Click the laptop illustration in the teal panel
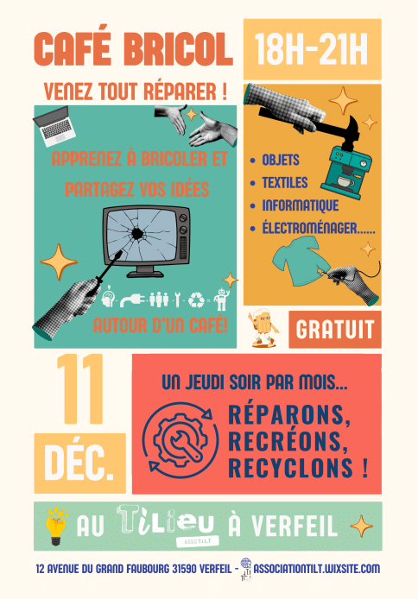click(54, 126)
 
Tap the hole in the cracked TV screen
click(137, 233)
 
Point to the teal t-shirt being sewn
click(301, 261)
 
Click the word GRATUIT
click(335, 330)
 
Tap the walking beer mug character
click(263, 328)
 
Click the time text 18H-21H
click(312, 49)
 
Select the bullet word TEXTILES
click(285, 183)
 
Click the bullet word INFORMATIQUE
click(301, 205)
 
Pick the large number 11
click(79, 389)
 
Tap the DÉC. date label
click(79, 463)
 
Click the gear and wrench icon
click(180, 440)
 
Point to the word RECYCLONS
click(290, 468)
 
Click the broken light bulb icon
click(56, 526)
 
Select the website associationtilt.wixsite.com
click(317, 569)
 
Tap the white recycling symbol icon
click(196, 299)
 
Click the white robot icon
click(221, 299)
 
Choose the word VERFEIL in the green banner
click(294, 526)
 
